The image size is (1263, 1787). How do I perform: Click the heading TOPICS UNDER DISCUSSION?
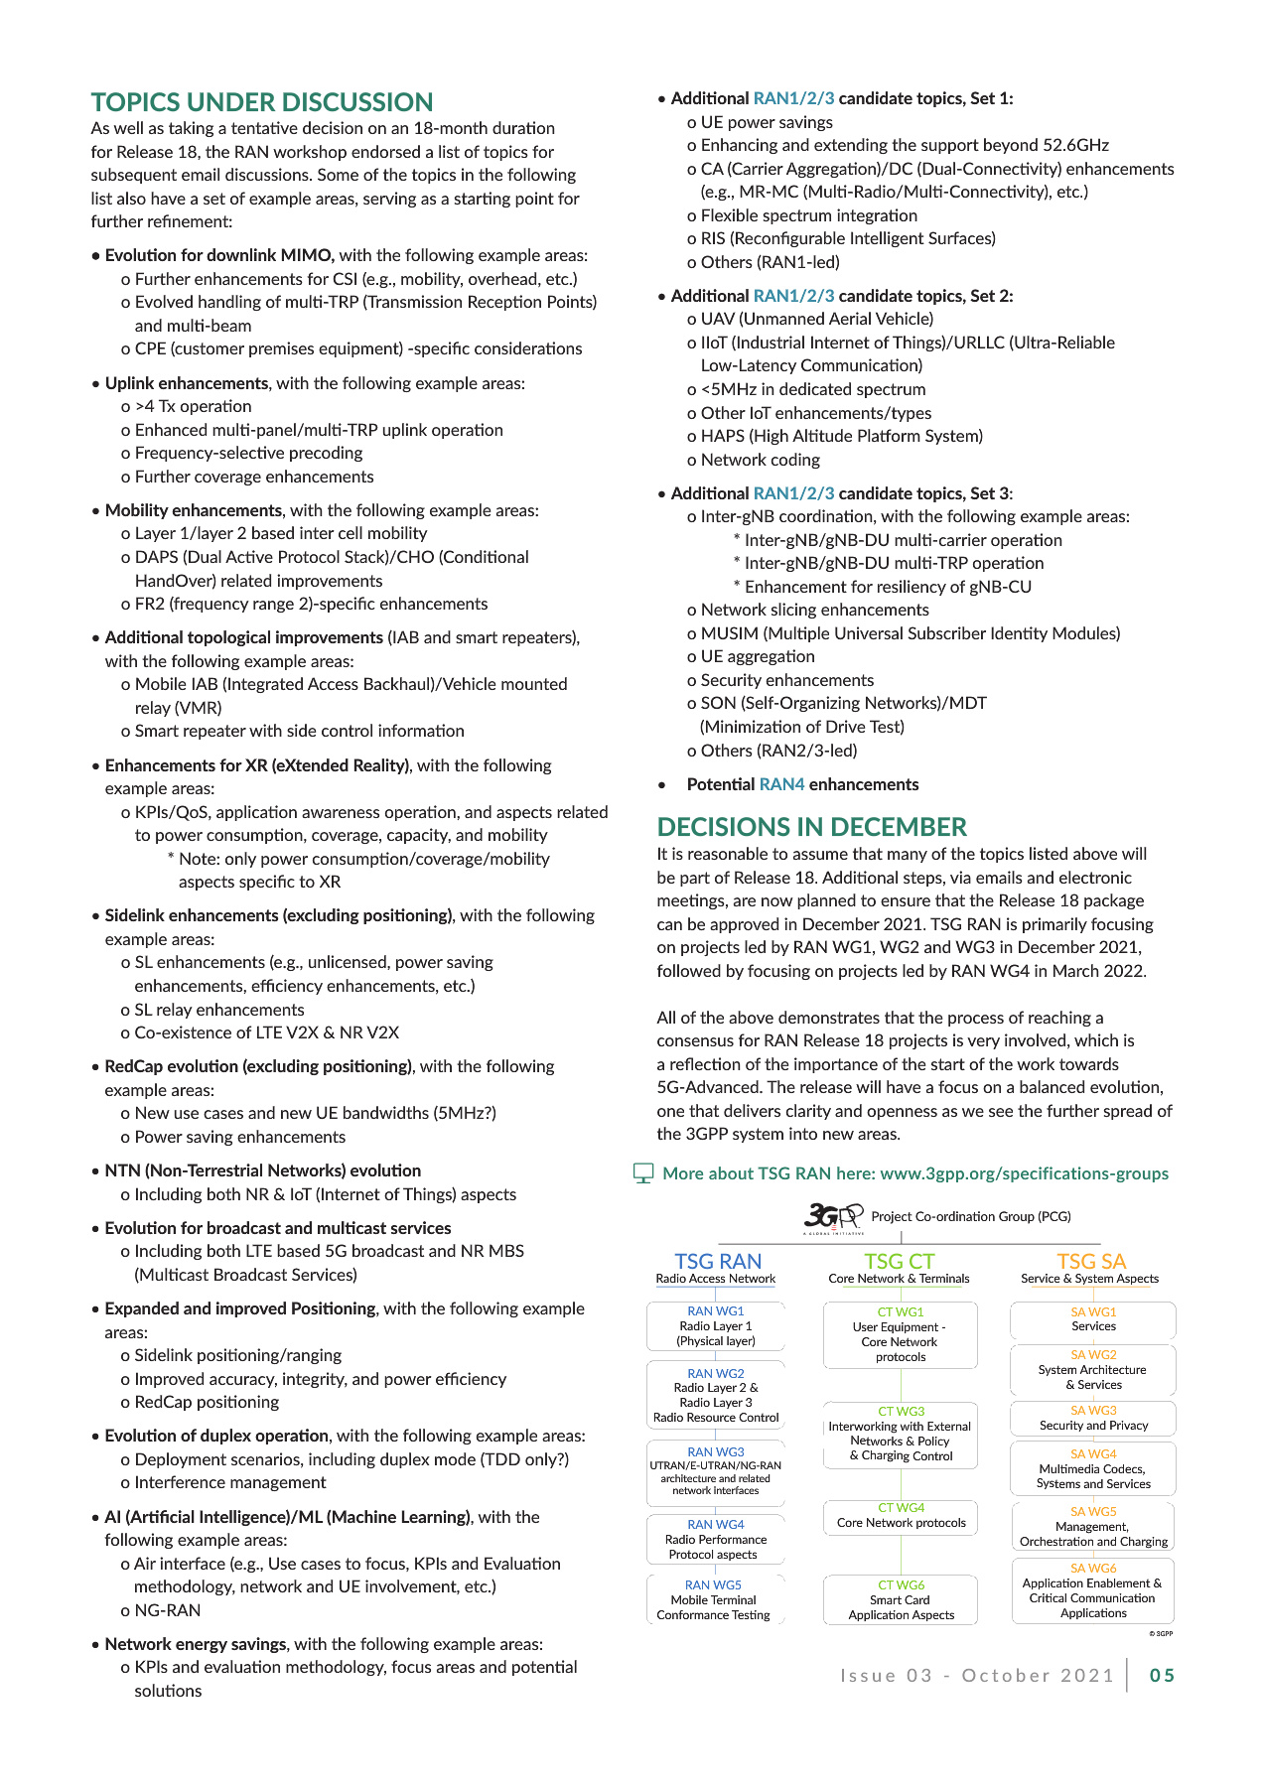click(262, 102)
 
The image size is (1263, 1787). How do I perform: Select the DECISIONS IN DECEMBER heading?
click(811, 827)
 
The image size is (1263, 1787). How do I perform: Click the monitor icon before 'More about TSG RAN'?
click(643, 1173)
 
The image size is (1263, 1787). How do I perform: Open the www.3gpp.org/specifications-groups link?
click(1024, 1173)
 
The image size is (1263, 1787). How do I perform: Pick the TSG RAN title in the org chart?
click(718, 1261)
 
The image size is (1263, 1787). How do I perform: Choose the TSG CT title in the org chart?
click(899, 1261)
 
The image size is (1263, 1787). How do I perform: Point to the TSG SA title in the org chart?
click(1090, 1261)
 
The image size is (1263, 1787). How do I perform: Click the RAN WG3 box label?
click(715, 1451)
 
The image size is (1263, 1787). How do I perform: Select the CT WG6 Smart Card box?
click(901, 1599)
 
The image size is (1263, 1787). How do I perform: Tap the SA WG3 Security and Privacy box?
click(1093, 1418)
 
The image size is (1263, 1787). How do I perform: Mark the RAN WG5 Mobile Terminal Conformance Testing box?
click(714, 1599)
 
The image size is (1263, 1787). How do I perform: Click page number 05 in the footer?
click(1162, 1676)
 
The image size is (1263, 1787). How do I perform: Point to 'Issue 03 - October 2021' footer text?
click(977, 1676)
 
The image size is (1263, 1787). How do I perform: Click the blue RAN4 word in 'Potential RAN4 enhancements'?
click(781, 784)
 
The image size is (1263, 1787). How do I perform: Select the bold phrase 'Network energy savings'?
click(196, 1644)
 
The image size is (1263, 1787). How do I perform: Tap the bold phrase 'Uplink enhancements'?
click(187, 383)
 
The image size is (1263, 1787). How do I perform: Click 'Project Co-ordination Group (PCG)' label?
click(970, 1216)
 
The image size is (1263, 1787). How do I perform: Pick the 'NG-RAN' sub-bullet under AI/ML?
click(167, 1610)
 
